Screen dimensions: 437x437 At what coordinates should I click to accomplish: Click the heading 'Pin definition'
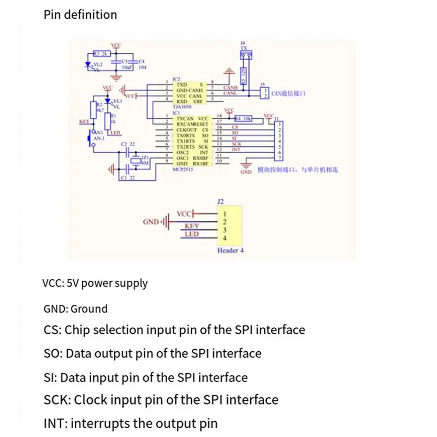tap(80, 15)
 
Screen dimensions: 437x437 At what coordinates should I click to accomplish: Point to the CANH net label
tap(230, 87)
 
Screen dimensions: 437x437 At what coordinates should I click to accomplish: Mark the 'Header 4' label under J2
tap(231, 251)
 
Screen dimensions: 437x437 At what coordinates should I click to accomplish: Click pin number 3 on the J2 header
tap(224, 230)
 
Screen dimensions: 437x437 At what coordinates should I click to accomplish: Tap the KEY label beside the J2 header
tap(192, 226)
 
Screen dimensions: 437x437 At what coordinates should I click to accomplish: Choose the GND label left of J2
tap(150, 222)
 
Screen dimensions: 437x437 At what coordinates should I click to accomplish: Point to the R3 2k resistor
tap(102, 54)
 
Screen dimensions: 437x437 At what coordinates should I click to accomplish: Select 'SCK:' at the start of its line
tap(56, 400)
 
